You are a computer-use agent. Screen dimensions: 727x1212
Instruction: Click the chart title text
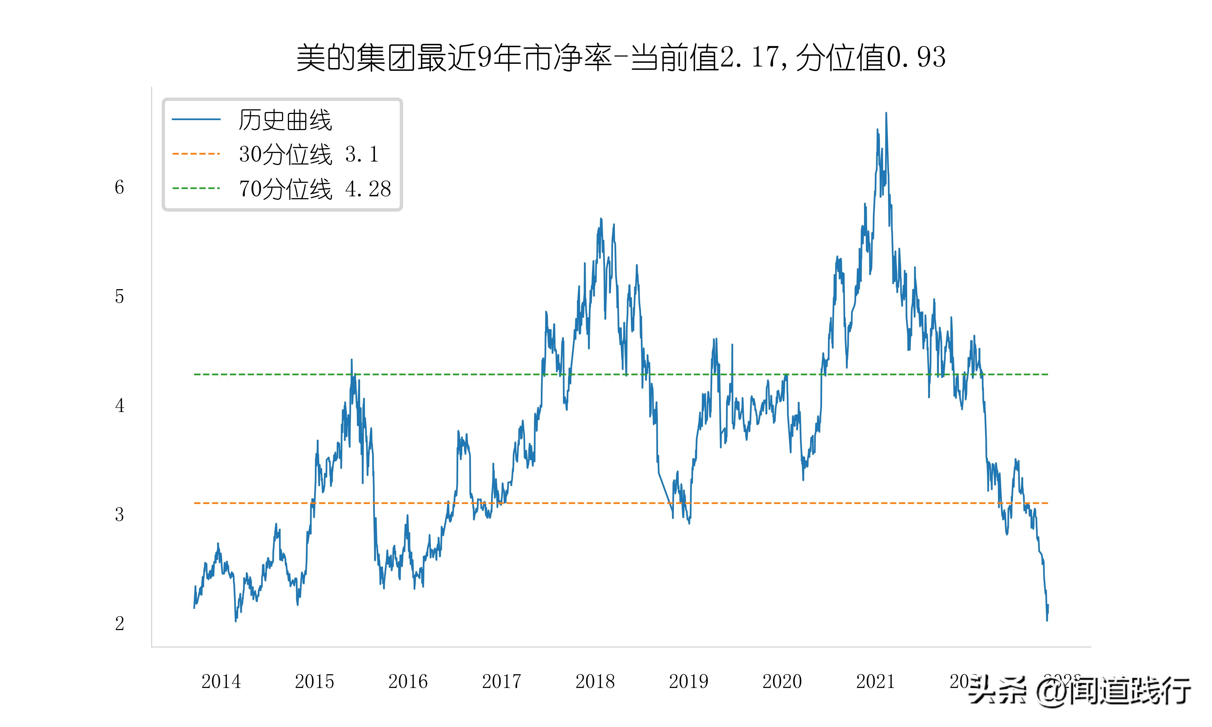(621, 58)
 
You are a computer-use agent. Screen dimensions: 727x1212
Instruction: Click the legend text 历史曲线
(285, 120)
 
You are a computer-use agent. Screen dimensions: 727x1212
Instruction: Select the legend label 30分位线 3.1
(309, 154)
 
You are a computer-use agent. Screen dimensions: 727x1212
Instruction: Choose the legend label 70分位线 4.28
(315, 188)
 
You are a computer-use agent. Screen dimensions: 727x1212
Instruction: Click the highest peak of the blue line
(886, 114)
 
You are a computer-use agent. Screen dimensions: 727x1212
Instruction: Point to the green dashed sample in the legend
(196, 188)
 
